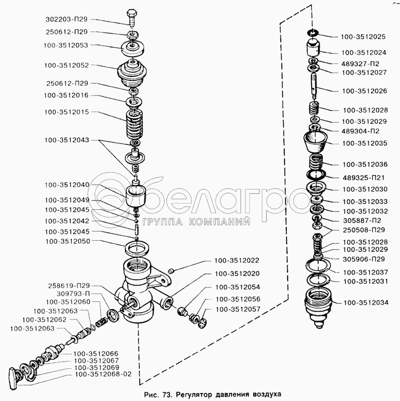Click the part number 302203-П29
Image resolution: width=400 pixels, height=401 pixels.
click(66, 19)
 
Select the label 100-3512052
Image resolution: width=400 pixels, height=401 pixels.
click(66, 65)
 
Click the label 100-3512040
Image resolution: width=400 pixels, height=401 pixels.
click(67, 185)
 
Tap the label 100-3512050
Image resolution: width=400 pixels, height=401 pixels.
click(68, 242)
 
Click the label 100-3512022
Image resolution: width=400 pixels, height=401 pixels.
click(237, 260)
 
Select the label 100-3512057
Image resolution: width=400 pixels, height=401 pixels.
click(238, 309)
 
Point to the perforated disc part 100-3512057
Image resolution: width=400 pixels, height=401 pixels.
click(203, 323)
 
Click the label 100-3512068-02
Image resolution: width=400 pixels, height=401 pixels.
click(103, 374)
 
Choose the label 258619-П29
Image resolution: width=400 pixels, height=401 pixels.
click(69, 286)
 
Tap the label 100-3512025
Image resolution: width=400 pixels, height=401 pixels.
click(363, 37)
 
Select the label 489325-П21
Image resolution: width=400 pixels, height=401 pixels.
click(364, 178)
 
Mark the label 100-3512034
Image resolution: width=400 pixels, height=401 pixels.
click(366, 302)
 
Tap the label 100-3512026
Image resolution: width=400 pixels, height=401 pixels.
click(364, 91)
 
